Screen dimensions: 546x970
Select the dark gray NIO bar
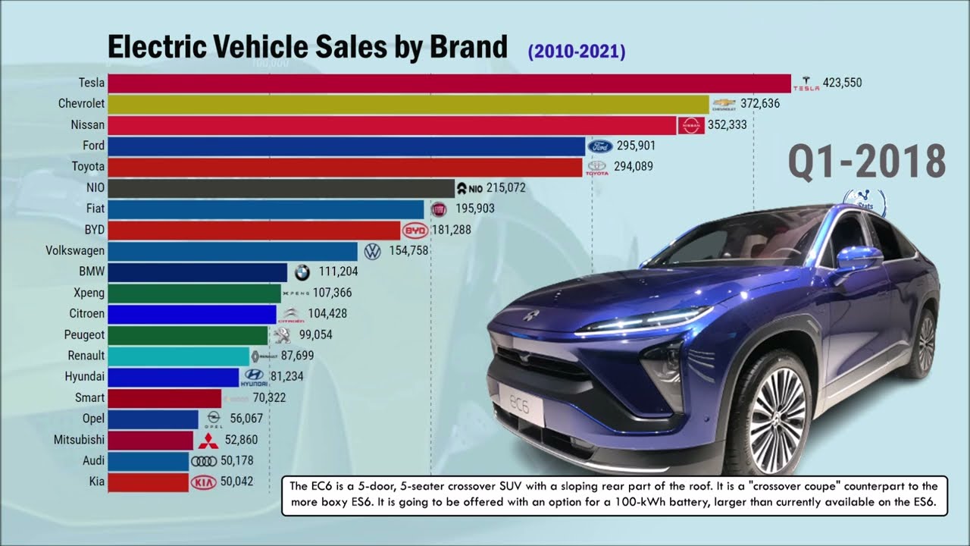pyautogui.click(x=280, y=188)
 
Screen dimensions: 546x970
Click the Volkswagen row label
pyautogui.click(x=75, y=250)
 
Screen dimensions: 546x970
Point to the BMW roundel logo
pyautogui.click(x=302, y=271)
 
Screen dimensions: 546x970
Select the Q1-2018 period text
pyautogui.click(x=867, y=162)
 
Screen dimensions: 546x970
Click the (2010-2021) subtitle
pyautogui.click(x=577, y=52)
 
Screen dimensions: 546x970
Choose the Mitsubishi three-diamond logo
pyautogui.click(x=208, y=440)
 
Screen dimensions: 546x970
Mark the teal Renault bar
pyautogui.click(x=178, y=356)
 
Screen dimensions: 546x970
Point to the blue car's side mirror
pyautogui.click(x=858, y=259)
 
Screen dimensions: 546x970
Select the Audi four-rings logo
pyautogui.click(x=204, y=461)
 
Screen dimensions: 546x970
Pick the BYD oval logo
pyautogui.click(x=415, y=230)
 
